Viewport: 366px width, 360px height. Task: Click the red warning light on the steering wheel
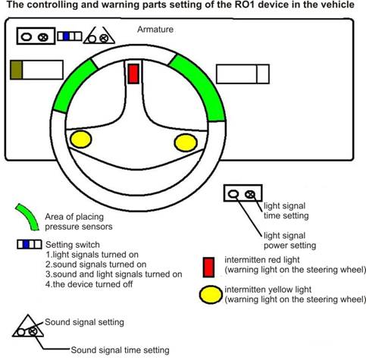point(133,74)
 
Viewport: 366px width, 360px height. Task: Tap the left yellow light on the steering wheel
point(80,139)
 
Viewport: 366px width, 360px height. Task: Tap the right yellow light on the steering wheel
point(186,142)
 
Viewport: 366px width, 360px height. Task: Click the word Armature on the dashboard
point(155,30)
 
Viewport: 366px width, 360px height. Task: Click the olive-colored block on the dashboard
point(17,70)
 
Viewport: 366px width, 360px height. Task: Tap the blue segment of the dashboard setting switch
point(66,36)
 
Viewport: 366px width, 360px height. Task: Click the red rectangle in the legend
point(209,268)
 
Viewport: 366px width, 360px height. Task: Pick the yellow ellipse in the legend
point(211,295)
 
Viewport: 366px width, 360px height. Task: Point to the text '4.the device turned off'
point(89,284)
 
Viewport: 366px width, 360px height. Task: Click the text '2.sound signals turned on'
point(96,265)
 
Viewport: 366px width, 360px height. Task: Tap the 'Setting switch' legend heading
point(73,245)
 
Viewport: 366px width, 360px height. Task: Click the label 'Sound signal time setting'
point(120,350)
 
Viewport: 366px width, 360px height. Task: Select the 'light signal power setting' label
point(289,240)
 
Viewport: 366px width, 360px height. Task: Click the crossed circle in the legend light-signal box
point(250,194)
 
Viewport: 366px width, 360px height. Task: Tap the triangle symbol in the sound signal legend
point(28,326)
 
